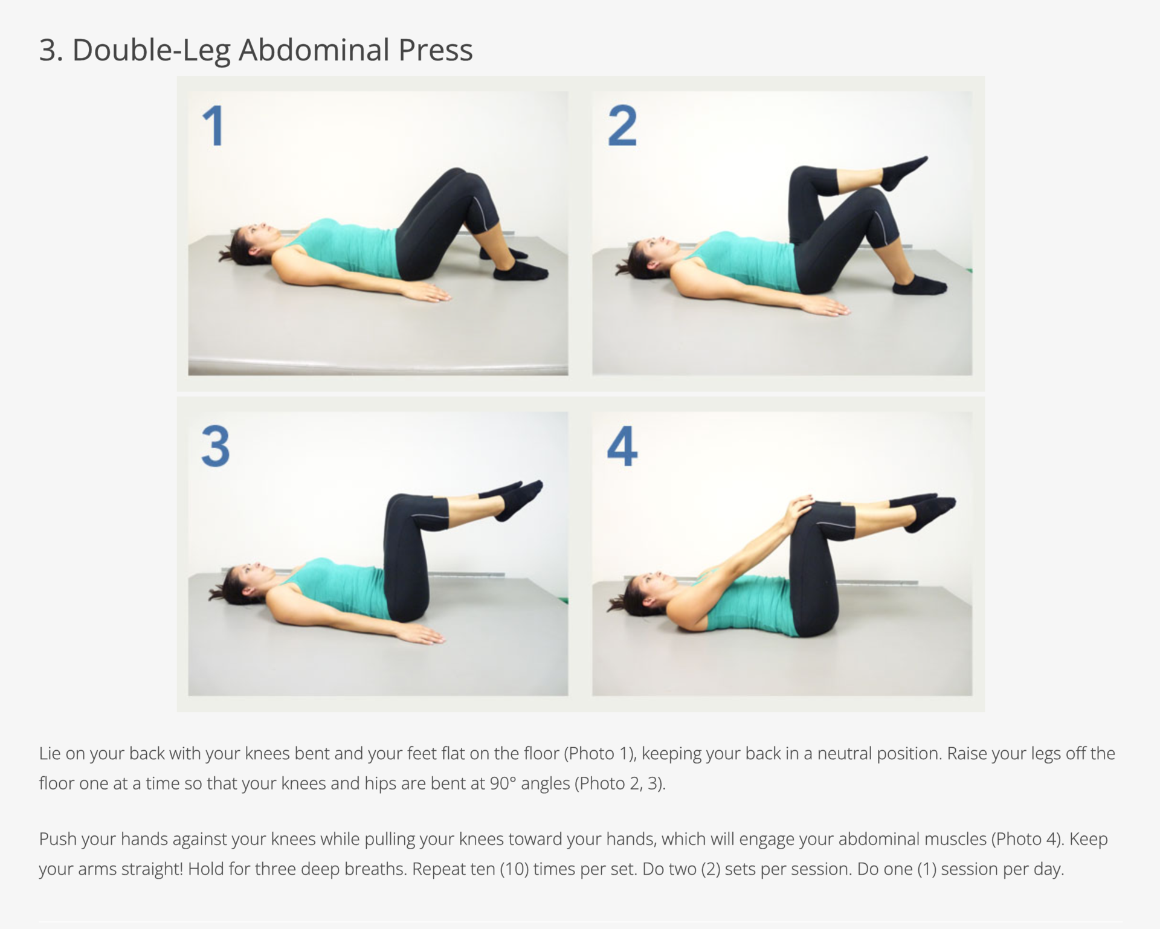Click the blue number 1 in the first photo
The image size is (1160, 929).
213,126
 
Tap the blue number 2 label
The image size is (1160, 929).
622,126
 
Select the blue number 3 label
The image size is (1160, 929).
216,446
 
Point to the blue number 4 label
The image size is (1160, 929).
622,446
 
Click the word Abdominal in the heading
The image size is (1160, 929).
314,50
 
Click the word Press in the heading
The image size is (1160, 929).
436,50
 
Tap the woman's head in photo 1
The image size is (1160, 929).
248,243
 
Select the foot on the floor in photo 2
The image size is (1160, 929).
918,284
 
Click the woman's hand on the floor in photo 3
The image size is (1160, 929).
423,635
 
